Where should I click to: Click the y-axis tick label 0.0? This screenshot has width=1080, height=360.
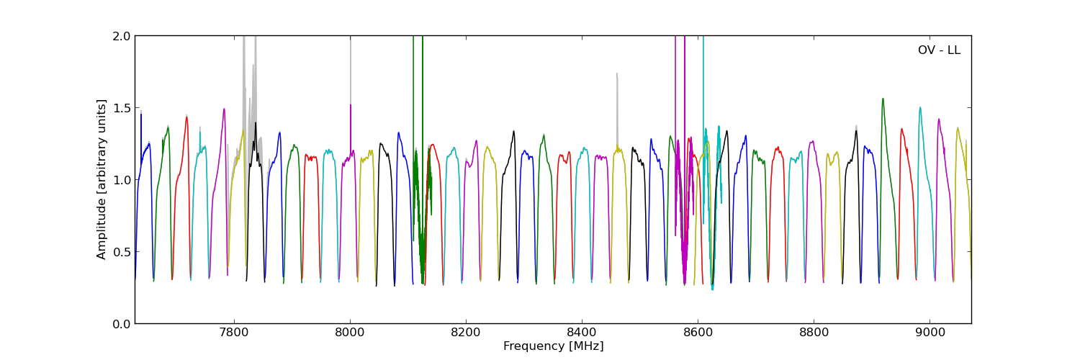pyautogui.click(x=122, y=324)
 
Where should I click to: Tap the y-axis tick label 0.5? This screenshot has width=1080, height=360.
pyautogui.click(x=122, y=252)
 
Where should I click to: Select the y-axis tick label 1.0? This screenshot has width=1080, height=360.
pyautogui.click(x=122, y=180)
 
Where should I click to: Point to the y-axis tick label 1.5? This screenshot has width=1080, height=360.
pyautogui.click(x=122, y=108)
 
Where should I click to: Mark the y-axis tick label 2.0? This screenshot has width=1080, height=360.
pyautogui.click(x=122, y=36)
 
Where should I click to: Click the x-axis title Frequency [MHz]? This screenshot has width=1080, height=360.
pyautogui.click(x=553, y=346)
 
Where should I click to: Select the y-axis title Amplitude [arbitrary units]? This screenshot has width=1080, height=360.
pyautogui.click(x=102, y=179)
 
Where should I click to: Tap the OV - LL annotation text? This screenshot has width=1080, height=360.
pyautogui.click(x=939, y=50)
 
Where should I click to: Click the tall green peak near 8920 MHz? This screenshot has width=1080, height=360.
pyautogui.click(x=883, y=99)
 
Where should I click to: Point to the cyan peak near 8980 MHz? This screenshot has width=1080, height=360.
pyautogui.click(x=919, y=107)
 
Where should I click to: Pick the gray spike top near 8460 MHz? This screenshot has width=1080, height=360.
pyautogui.click(x=616, y=73)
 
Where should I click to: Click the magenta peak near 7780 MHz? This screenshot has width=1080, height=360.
pyautogui.click(x=224, y=109)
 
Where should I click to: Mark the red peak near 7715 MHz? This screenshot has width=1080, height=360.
pyautogui.click(x=186, y=117)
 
